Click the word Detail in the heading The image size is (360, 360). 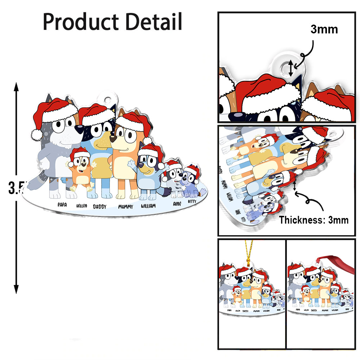[154, 22]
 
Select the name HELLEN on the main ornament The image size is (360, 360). [82, 206]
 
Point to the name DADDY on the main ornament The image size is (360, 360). [100, 207]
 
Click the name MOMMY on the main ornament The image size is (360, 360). [126, 207]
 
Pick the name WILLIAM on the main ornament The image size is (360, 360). [148, 206]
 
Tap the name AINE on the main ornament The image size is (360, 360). [177, 203]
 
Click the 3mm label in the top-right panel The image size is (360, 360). [324, 30]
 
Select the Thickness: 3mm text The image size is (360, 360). [314, 220]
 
